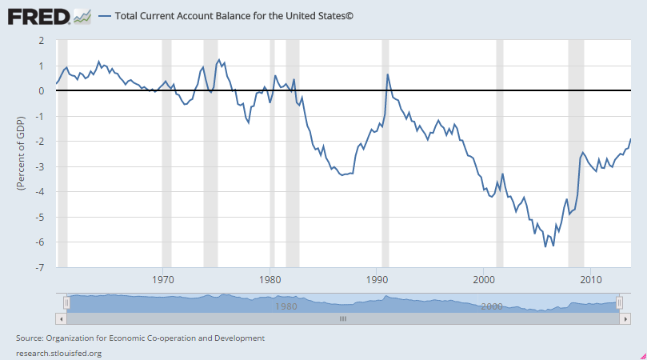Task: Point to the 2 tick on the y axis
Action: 40,40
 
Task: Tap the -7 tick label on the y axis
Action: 38,268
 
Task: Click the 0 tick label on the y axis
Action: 40,90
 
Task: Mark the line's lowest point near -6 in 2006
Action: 545,246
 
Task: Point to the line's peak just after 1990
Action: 388,74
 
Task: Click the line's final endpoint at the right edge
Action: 631,139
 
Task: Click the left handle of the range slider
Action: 68,302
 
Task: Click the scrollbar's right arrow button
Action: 625,318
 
